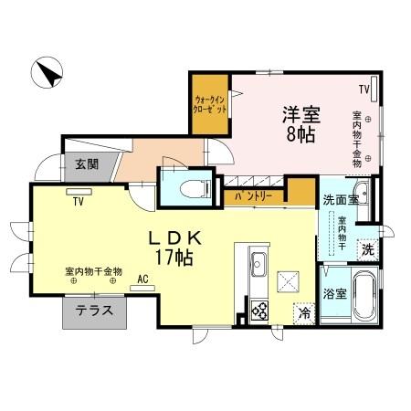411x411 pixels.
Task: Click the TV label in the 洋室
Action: click(364, 89)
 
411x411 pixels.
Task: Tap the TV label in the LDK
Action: click(79, 201)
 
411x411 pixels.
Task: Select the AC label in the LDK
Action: click(143, 279)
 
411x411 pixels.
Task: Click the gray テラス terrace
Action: click(94, 311)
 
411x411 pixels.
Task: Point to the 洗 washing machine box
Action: click(368, 248)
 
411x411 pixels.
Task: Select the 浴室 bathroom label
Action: click(335, 295)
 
